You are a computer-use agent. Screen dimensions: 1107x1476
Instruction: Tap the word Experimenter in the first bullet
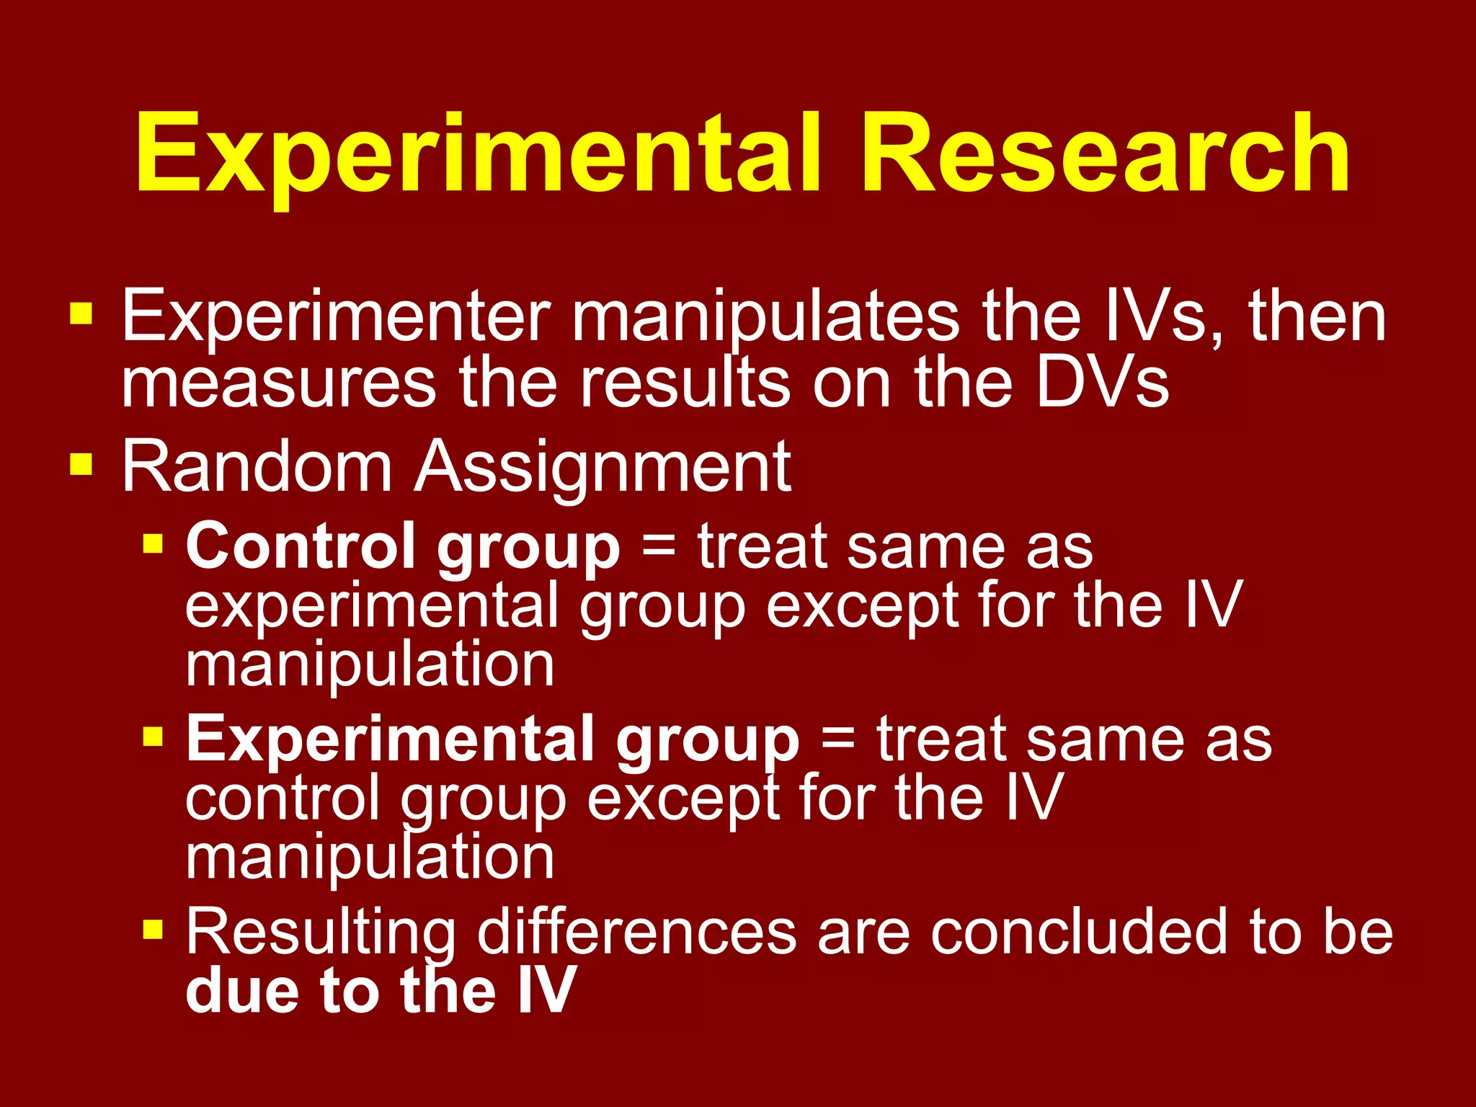pos(336,317)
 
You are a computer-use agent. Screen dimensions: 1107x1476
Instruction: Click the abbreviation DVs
pos(1103,383)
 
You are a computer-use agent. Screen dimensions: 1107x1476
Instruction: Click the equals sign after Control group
pos(658,546)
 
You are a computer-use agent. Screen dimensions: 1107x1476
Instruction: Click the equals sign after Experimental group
pos(837,739)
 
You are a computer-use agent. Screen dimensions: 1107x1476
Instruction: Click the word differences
pos(637,932)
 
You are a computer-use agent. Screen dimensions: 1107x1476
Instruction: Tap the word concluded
pos(1078,932)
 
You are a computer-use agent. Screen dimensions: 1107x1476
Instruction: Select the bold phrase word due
pos(241,990)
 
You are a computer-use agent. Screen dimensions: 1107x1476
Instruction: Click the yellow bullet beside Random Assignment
pos(81,465)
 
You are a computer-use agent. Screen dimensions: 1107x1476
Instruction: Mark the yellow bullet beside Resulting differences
pos(153,930)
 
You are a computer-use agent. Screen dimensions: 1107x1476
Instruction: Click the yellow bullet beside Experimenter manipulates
pos(81,314)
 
